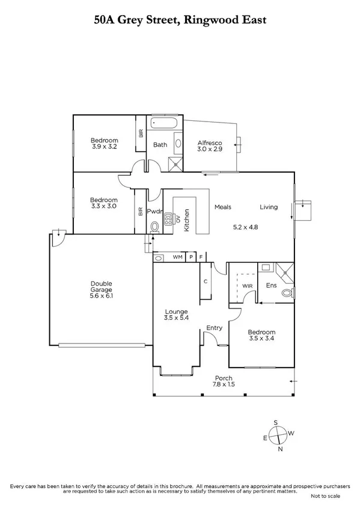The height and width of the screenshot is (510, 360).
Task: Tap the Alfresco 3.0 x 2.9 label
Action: pos(210,146)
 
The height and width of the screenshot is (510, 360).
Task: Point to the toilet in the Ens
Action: pos(291,293)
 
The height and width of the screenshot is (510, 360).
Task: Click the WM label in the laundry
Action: pos(177,257)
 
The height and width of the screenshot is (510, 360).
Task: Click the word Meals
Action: pos(223,207)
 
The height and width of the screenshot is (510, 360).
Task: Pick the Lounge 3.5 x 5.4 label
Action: pos(177,315)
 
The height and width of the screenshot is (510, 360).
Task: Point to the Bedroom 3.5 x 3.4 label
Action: pos(262,336)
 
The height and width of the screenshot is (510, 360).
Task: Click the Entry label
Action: pos(214,328)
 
